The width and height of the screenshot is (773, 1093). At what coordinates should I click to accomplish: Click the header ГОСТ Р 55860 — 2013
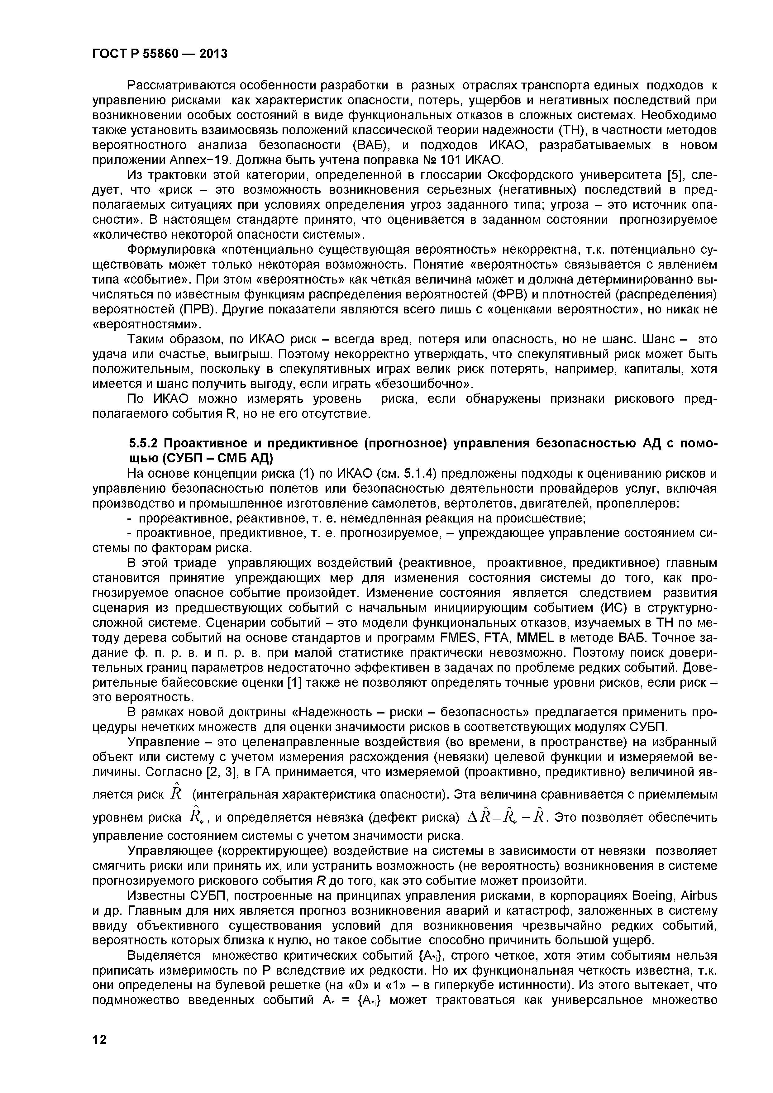(x=160, y=54)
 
